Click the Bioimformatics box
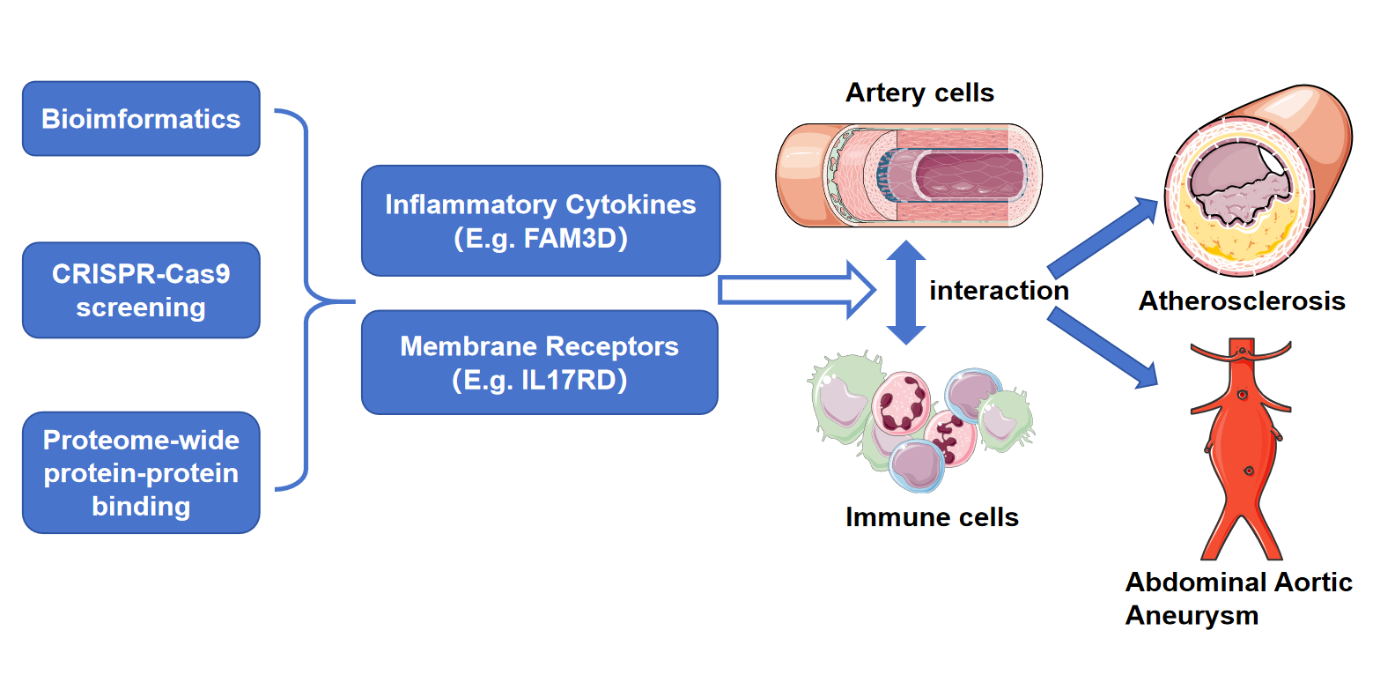[x=141, y=119]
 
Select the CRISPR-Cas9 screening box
[x=141, y=290]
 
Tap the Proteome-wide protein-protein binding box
[x=141, y=472]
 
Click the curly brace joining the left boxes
[x=306, y=300]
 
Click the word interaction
[x=999, y=291]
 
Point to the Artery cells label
[x=919, y=93]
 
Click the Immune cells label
[x=932, y=517]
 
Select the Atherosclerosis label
[x=1242, y=301]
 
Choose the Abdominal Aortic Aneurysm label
[x=1237, y=598]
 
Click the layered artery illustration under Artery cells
[x=909, y=175]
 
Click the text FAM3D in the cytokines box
[x=575, y=238]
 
